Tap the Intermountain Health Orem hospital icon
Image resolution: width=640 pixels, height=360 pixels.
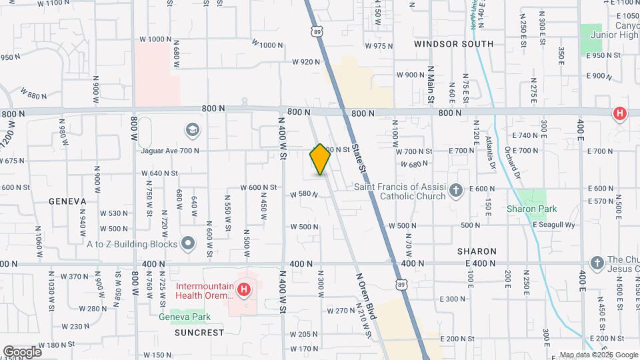(245, 290)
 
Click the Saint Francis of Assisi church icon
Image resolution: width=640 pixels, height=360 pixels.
(455, 191)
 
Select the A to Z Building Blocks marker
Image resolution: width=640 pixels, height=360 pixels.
(188, 243)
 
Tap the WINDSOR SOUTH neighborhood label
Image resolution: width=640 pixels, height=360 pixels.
(453, 44)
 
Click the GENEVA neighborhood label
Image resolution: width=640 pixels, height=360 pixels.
(67, 201)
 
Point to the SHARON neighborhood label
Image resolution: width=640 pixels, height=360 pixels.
(477, 251)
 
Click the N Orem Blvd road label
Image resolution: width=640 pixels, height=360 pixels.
(367, 297)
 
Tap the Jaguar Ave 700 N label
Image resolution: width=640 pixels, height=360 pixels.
(171, 151)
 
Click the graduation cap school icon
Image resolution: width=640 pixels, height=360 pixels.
(192, 129)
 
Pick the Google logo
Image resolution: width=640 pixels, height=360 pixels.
(22, 352)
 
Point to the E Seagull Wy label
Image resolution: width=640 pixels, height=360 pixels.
(553, 225)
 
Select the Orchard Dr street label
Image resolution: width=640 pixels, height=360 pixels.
(512, 160)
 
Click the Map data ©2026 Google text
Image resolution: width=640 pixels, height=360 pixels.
(598, 355)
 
